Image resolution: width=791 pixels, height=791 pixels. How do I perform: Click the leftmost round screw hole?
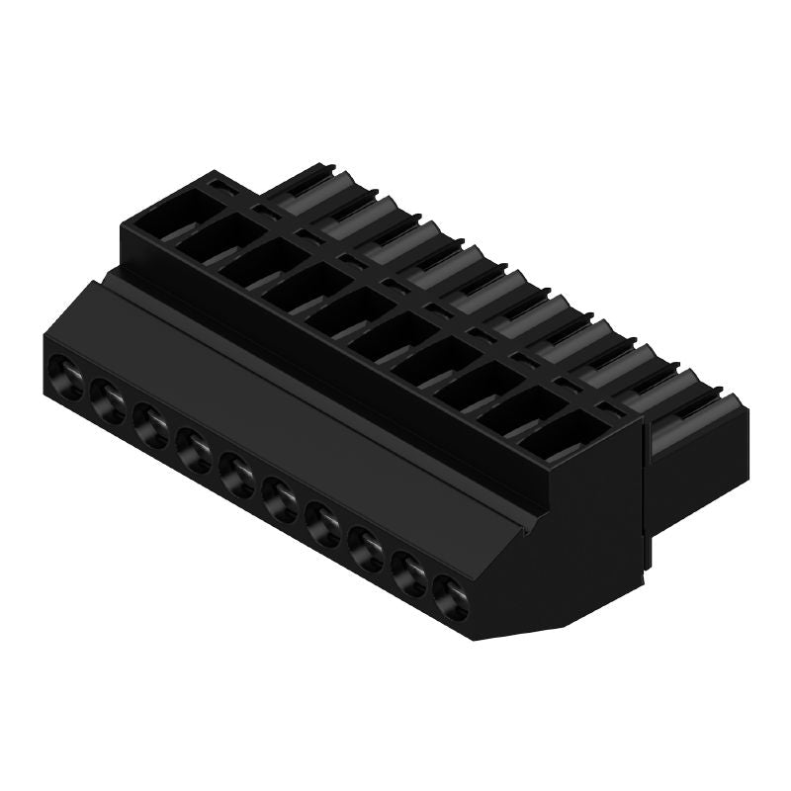66,375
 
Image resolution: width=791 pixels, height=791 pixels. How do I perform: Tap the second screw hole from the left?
108,398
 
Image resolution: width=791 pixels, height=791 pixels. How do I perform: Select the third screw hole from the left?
152,422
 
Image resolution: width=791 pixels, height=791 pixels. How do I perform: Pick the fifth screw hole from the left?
238,469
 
